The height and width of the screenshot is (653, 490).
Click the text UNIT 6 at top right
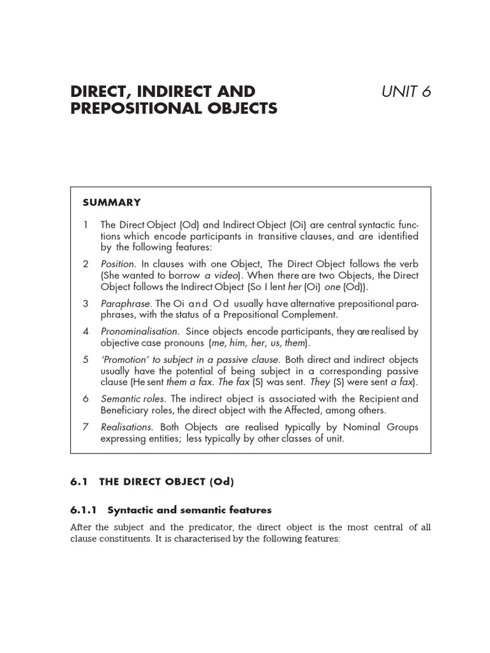(406, 91)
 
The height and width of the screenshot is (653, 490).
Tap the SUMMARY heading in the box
(112, 202)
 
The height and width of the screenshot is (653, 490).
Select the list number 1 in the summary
(85, 225)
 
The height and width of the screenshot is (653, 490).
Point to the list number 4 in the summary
(85, 331)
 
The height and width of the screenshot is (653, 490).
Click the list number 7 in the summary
(85, 427)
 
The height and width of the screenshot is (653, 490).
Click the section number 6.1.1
(84, 510)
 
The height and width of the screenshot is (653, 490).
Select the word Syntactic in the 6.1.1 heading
(130, 510)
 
